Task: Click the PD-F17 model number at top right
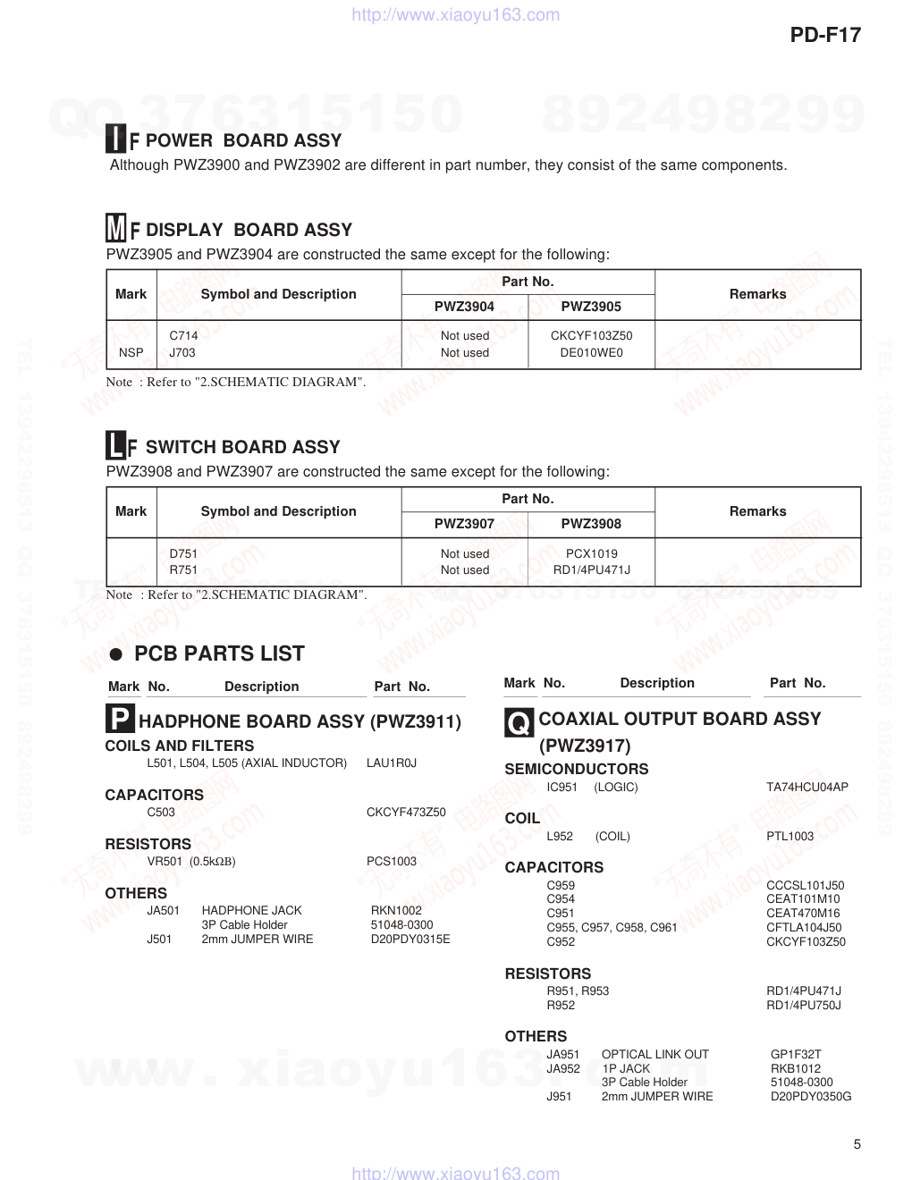(825, 35)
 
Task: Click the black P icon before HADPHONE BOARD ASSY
(120, 719)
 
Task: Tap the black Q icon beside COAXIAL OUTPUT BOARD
(519, 722)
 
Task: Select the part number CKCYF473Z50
(406, 813)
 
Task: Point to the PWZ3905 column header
(591, 307)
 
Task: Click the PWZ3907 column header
(464, 524)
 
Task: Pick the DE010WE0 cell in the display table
(591, 353)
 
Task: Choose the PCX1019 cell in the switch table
(591, 554)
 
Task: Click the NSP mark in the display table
(131, 353)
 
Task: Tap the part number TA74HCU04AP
(806, 788)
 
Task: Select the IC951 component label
(562, 788)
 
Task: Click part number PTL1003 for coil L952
(790, 837)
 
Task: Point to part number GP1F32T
(796, 1055)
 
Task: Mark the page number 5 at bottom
(857, 1144)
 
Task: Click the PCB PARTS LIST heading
(219, 653)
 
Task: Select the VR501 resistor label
(165, 862)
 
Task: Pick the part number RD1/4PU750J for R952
(803, 1006)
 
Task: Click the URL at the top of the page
(456, 15)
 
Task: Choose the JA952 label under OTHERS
(563, 1069)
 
